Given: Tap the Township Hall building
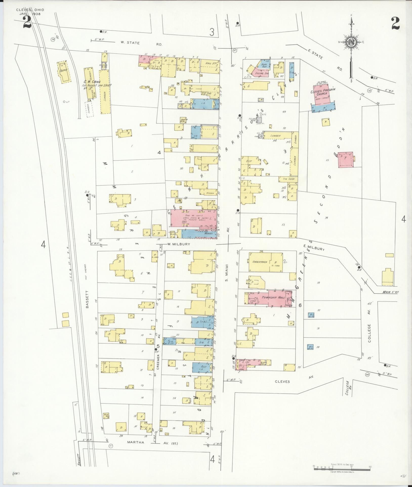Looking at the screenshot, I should point(273,297).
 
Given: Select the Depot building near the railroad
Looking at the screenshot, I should point(63,72).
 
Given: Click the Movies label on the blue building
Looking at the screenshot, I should point(208,234).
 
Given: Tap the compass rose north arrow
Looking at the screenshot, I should point(352,42).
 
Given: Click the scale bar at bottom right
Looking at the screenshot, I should point(342,468).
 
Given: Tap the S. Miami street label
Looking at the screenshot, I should point(227,273).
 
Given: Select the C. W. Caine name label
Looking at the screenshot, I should point(92,82).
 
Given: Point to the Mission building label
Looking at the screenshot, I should point(210,193).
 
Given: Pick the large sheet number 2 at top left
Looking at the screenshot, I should point(27,22).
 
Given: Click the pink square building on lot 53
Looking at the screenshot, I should point(346,160).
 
